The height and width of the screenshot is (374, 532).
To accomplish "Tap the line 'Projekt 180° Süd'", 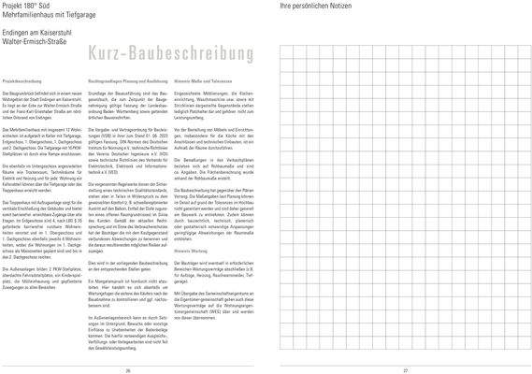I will pyautogui.click(x=23, y=6).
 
